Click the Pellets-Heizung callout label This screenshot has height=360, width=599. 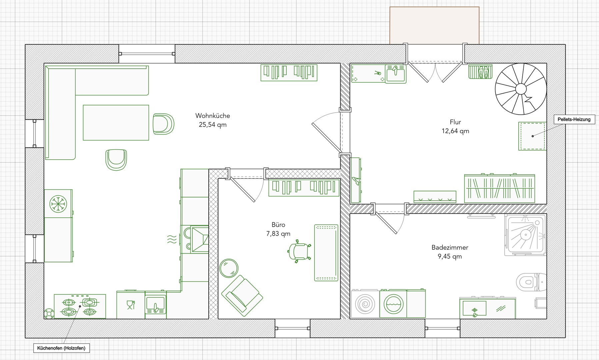(574, 119)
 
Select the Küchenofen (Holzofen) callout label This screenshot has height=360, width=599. (61, 348)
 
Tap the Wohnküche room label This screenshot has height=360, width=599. (213, 116)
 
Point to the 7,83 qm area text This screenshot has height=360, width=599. (278, 234)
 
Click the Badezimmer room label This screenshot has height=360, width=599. (450, 247)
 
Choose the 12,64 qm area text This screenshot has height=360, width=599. (455, 131)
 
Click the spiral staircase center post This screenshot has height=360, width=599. (521, 89)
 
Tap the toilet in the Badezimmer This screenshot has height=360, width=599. (531, 282)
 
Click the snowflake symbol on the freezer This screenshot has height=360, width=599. (58, 204)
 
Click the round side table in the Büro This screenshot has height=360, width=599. (229, 268)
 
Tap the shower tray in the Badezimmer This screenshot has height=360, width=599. (526, 235)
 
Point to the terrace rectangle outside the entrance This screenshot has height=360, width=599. (434, 25)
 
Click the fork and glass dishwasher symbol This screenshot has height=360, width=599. (131, 305)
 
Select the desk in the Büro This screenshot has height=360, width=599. (326, 253)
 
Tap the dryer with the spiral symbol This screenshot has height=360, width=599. (365, 304)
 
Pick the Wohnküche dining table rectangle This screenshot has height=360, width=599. (116, 123)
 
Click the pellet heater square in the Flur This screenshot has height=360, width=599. (532, 136)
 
